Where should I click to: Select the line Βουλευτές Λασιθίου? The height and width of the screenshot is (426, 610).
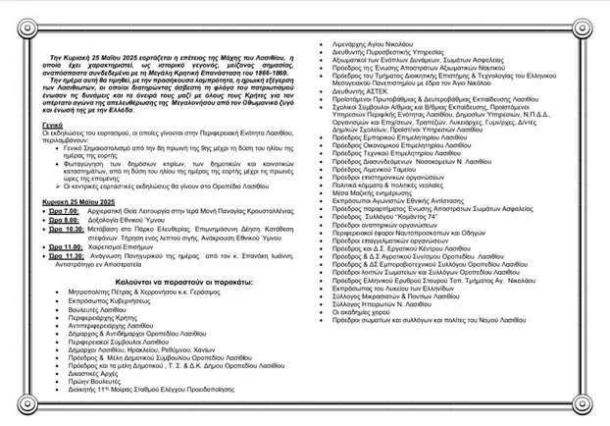(x=110, y=336)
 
